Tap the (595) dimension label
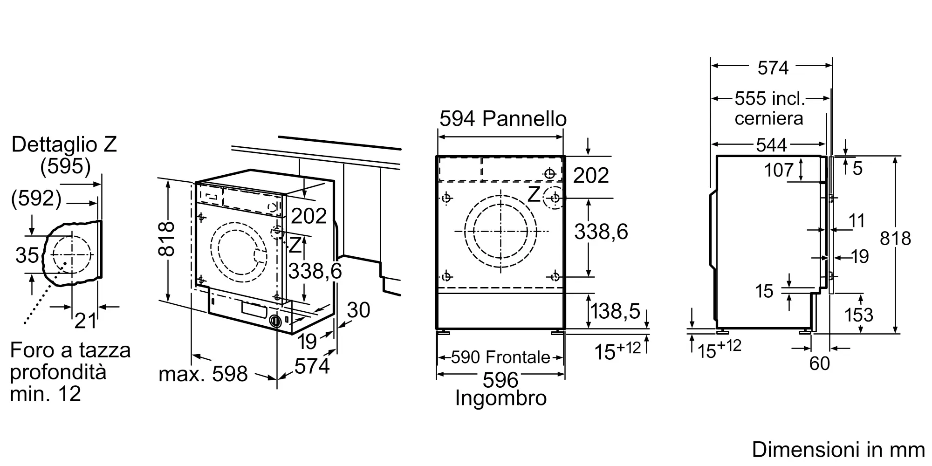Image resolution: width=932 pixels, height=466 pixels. [65, 166]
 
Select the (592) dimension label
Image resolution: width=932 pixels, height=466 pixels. [36, 199]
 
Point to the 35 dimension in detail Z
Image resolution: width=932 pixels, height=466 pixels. [27, 255]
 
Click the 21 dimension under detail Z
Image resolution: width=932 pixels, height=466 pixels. [86, 321]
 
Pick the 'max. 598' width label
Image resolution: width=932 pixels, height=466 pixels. [203, 374]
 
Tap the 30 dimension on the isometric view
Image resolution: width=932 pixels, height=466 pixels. [358, 310]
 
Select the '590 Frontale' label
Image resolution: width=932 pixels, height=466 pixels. [500, 357]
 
